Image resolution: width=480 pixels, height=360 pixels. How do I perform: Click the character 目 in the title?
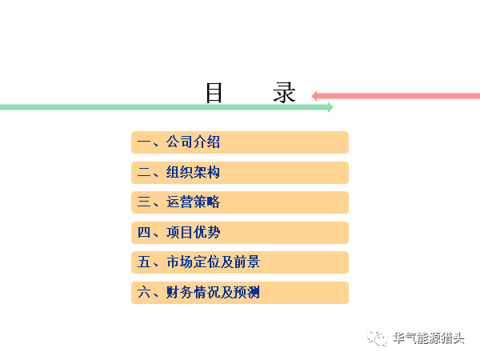(x=214, y=93)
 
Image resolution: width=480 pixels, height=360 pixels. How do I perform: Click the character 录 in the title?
(x=284, y=93)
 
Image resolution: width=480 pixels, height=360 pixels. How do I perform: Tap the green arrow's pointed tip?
(x=333, y=107)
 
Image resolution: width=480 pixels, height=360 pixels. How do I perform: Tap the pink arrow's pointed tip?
(x=311, y=96)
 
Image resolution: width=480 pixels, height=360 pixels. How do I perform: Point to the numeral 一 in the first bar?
(x=144, y=142)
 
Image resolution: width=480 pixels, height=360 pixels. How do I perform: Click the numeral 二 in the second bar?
(x=144, y=172)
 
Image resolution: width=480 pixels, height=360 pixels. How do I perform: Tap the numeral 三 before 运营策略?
(x=144, y=202)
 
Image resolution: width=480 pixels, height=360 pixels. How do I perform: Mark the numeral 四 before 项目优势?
(x=144, y=232)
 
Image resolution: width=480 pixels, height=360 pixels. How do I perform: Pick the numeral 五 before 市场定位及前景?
(x=144, y=262)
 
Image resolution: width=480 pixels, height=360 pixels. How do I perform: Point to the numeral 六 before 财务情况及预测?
(x=144, y=292)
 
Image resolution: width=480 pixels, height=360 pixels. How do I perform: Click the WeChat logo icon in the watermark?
(x=377, y=338)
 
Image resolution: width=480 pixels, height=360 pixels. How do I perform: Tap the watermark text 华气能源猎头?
(x=429, y=338)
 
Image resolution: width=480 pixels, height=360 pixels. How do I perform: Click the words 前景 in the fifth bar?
(x=246, y=262)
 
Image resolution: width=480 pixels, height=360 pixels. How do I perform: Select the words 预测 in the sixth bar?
(x=246, y=292)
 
